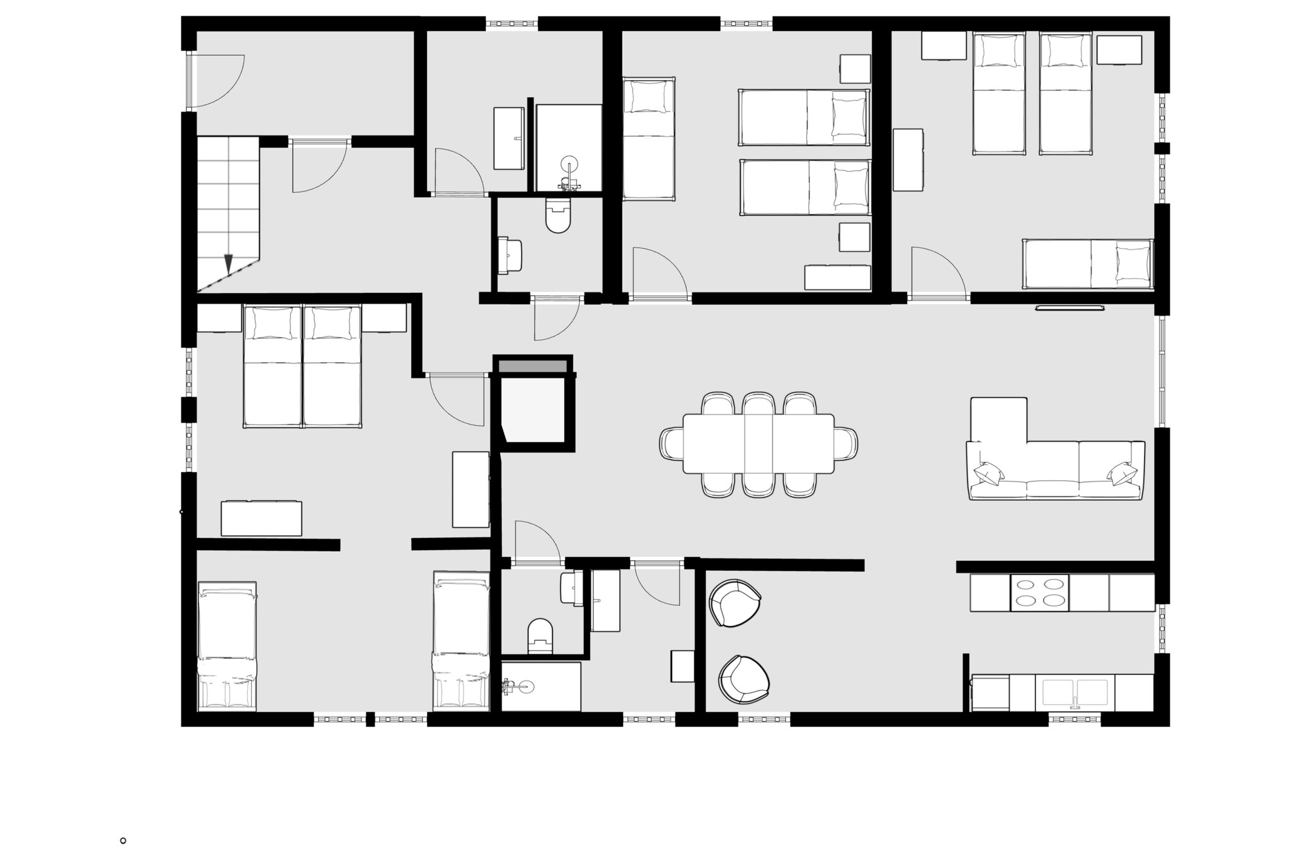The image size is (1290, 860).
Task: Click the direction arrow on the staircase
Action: coord(229,263)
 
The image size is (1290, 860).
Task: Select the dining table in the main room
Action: coord(758,443)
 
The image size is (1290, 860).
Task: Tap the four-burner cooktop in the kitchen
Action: coord(1039,592)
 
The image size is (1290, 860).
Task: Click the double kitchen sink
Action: coord(1075,692)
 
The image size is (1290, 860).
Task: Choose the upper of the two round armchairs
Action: coord(734,603)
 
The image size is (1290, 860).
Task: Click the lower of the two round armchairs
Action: coord(744,679)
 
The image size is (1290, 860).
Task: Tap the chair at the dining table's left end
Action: coord(671,443)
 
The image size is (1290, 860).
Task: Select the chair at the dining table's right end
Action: coord(845,443)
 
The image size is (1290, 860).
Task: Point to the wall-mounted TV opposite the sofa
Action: coord(1071,308)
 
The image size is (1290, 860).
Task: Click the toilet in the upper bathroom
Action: coord(558,215)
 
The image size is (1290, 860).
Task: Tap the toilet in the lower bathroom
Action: coord(540,635)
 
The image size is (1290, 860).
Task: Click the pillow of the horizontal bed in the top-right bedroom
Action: coord(1133,263)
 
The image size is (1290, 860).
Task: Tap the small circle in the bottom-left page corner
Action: coord(123,840)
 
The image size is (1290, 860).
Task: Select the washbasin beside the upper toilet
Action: coord(511,256)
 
